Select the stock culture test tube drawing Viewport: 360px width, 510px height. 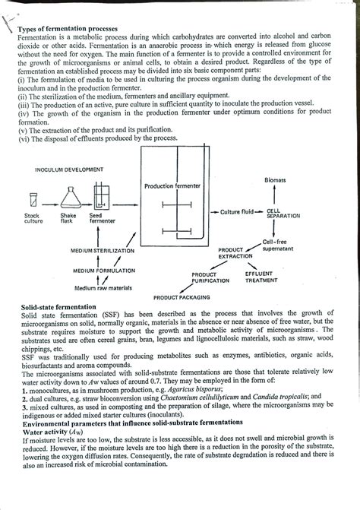[x=33, y=201]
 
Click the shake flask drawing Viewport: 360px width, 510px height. [x=71, y=198]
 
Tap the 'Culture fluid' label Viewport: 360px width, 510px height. [x=238, y=211]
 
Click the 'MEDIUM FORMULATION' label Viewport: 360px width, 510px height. [x=104, y=270]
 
